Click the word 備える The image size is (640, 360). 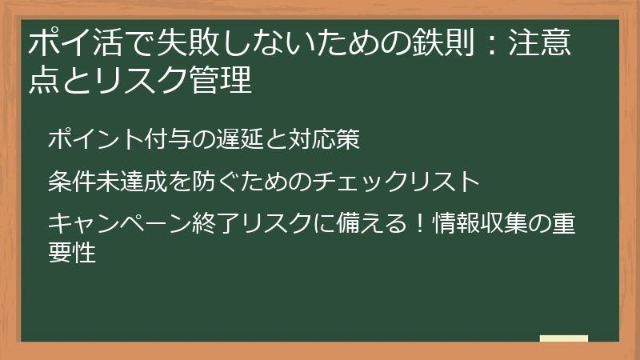pos(377,223)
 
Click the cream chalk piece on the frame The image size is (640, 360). pos(563,339)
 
